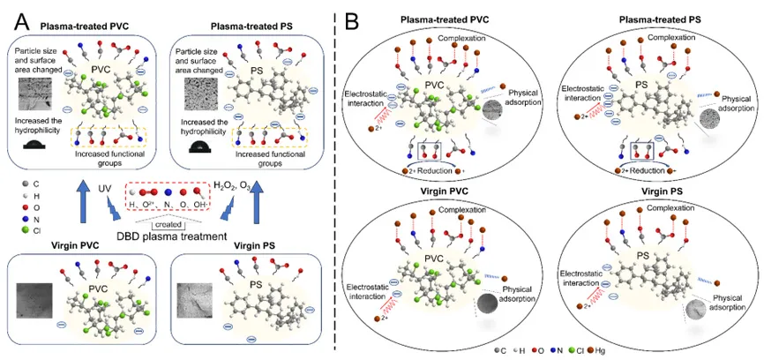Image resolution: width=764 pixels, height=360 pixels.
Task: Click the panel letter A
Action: point(16,16)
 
